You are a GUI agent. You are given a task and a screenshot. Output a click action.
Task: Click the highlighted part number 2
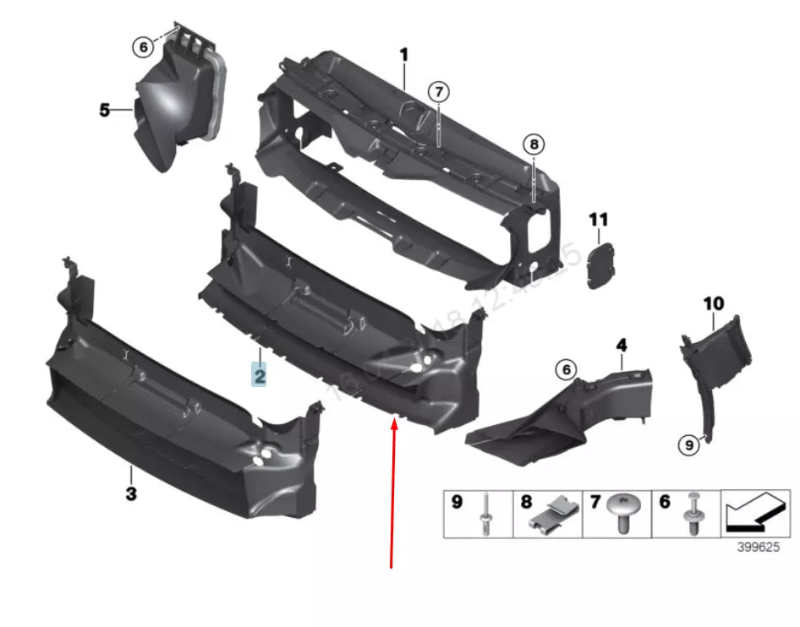[259, 373]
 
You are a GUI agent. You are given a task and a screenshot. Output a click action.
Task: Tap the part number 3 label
[131, 493]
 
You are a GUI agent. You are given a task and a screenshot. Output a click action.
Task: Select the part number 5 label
[105, 110]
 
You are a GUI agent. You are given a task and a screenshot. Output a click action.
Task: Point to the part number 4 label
[621, 345]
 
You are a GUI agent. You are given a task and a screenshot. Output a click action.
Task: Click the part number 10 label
[713, 303]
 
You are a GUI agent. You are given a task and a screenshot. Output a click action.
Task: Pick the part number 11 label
[598, 220]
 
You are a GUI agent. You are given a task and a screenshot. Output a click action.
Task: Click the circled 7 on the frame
[437, 92]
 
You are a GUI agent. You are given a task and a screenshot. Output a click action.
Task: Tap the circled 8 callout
[534, 144]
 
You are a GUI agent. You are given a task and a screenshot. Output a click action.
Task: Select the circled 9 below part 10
[689, 443]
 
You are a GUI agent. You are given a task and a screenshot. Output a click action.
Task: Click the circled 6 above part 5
[144, 48]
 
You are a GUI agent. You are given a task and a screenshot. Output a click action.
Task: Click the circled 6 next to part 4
[565, 369]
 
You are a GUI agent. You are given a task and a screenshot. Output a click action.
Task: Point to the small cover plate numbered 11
[601, 265]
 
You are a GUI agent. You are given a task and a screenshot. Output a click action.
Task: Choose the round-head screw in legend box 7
[623, 514]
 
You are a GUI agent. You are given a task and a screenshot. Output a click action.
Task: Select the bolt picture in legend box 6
[694, 514]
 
